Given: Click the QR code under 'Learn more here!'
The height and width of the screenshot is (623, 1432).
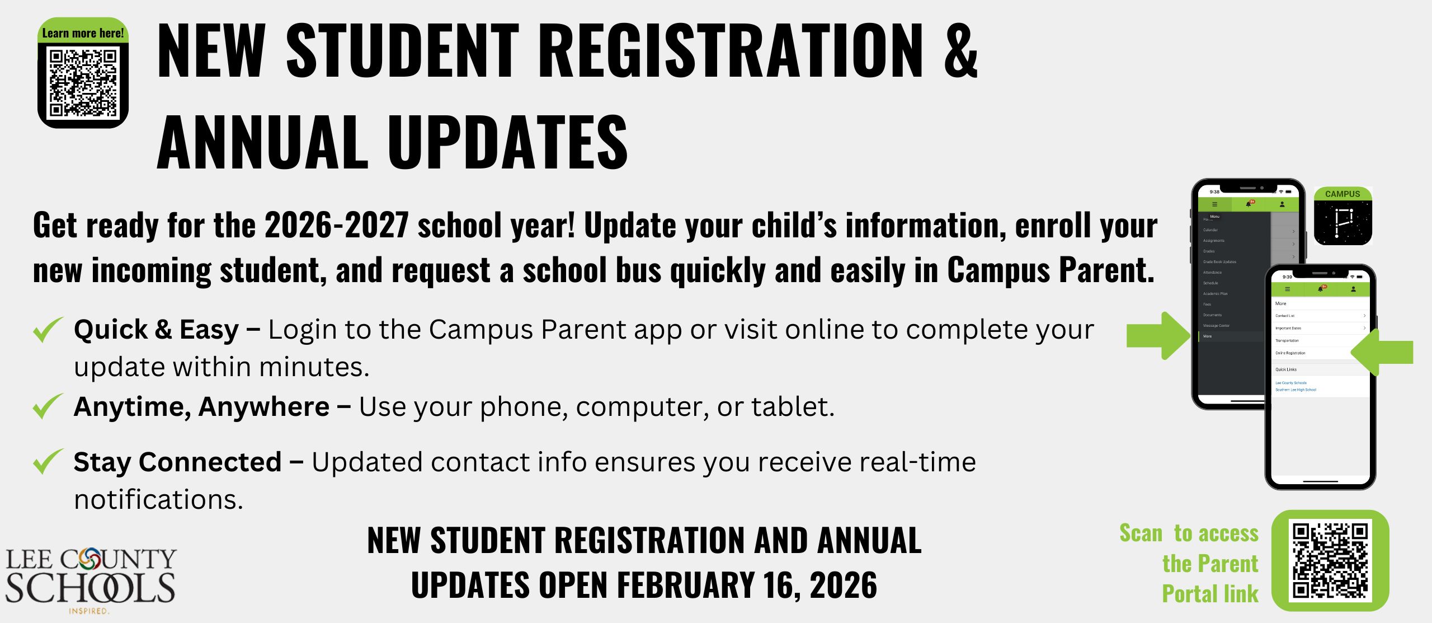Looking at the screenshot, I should tap(83, 83).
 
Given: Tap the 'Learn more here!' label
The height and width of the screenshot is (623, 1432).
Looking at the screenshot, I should tap(83, 33).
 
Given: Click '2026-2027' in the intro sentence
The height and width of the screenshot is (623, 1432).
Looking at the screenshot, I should tap(336, 226).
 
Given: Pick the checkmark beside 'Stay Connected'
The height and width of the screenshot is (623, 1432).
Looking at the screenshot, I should tap(48, 462).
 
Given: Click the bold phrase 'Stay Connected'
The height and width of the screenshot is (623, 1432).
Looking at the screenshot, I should tap(177, 462).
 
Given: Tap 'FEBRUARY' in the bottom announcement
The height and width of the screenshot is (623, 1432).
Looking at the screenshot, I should tap(685, 585).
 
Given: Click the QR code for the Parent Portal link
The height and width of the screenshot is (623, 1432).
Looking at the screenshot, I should tap(1330, 560).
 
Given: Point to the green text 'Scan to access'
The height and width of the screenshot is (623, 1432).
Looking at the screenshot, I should tap(1188, 533).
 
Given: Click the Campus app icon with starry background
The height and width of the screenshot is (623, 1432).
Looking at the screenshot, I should tap(1342, 216).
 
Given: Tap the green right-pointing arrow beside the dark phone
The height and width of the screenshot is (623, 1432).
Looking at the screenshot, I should tap(1158, 335).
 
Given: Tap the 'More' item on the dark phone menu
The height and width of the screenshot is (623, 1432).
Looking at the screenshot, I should tap(1208, 336).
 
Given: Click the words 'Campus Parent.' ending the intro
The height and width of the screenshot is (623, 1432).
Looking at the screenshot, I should tap(1051, 271).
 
